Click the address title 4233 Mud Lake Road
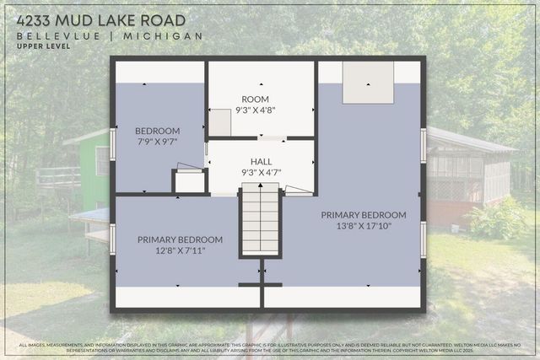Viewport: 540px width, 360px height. [x=101, y=19]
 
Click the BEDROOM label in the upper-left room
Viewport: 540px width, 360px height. [x=158, y=131]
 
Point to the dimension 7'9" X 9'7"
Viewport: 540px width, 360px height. [x=158, y=142]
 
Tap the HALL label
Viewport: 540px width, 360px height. [x=261, y=162]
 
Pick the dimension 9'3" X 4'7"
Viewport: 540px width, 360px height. [x=261, y=172]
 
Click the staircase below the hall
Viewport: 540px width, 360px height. [x=260, y=221]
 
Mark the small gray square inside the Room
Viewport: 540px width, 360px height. [x=220, y=123]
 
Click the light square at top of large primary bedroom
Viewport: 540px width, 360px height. [x=368, y=83]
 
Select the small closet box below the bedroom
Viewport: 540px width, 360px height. [x=190, y=181]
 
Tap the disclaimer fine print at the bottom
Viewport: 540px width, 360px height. [x=270, y=347]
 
